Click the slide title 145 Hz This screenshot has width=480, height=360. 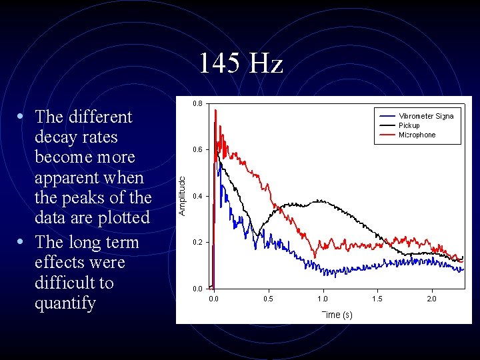[240, 64]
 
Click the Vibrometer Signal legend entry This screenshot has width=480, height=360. [425, 116]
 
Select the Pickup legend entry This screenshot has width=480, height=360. [409, 125]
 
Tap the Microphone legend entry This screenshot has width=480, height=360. [417, 135]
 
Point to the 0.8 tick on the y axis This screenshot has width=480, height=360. [198, 104]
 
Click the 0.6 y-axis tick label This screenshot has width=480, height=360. [198, 150]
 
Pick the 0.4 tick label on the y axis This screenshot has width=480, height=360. [198, 197]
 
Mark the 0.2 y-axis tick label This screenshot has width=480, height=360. [198, 243]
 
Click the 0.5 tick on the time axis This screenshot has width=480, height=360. [268, 299]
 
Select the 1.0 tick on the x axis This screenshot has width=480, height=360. [323, 299]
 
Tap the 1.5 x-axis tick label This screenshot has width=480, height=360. [377, 299]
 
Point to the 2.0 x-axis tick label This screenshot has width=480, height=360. [432, 299]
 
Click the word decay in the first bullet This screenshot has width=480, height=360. [54, 137]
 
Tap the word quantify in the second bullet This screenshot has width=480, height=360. [65, 303]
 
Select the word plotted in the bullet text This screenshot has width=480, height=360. [125, 218]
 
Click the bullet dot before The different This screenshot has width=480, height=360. [22, 117]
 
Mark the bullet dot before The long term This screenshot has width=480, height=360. [22, 242]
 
